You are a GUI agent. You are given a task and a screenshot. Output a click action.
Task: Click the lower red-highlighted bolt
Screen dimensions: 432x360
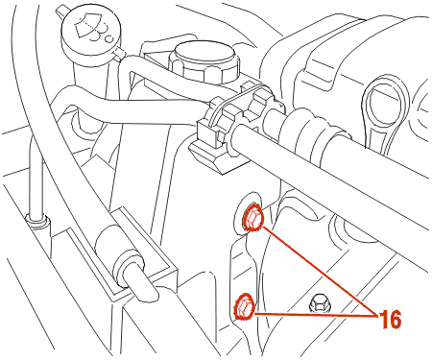click(x=245, y=307)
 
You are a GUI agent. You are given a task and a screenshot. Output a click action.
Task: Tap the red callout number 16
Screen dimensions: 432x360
click(x=391, y=320)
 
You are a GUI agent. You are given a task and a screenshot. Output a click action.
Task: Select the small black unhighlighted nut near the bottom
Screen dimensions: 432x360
click(x=318, y=303)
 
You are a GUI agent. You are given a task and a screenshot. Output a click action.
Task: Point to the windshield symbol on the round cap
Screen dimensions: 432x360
click(x=87, y=26)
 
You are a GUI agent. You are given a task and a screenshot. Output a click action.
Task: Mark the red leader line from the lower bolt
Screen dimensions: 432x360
click(x=315, y=315)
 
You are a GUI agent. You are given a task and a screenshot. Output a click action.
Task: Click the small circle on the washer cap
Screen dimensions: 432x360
click(x=109, y=38)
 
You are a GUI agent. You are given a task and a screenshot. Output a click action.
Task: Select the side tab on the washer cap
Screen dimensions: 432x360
click(x=118, y=54)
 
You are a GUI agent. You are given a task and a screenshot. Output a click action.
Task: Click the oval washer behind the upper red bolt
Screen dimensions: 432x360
click(x=249, y=213)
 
